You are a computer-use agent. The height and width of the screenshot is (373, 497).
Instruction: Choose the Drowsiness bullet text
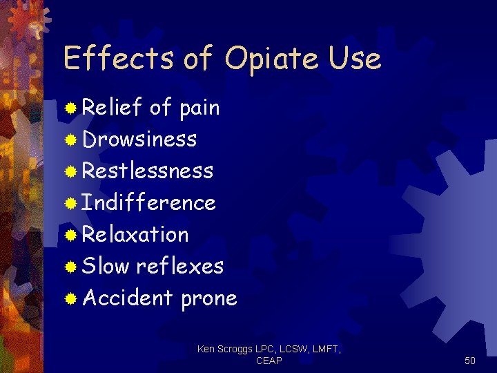[x=139, y=139]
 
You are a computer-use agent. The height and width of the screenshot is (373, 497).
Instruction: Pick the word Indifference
[x=149, y=202]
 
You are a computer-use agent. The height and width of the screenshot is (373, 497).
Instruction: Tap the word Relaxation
[x=135, y=234]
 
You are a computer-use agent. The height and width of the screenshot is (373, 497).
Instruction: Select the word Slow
[x=106, y=266]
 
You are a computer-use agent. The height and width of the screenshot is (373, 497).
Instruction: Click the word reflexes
[x=180, y=266]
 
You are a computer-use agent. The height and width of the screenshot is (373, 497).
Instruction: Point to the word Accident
[x=128, y=298]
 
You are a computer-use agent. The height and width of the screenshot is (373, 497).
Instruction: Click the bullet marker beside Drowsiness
[x=70, y=140]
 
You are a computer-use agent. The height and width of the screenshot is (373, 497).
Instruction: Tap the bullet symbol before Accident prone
[x=70, y=299]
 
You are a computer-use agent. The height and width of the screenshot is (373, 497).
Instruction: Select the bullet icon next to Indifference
[x=70, y=204]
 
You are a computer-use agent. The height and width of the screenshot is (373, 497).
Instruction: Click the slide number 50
[x=470, y=361]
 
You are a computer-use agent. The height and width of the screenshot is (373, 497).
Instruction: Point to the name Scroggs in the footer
[x=237, y=350]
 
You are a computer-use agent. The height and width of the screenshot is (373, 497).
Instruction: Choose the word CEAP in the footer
[x=269, y=361]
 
